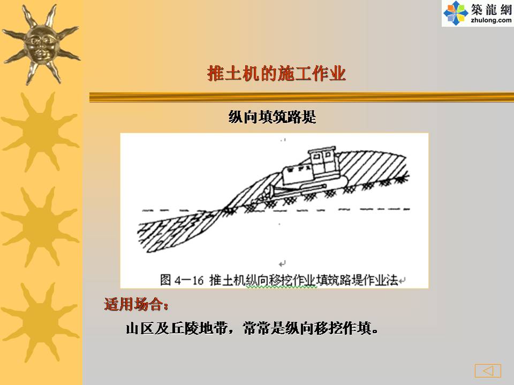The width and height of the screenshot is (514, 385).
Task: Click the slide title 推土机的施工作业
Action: click(277, 73)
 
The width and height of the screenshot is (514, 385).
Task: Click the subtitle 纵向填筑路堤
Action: click(272, 117)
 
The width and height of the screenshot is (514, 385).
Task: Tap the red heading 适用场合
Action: click(136, 304)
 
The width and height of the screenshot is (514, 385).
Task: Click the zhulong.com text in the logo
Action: click(491, 20)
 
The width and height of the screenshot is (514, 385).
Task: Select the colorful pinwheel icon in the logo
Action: click(455, 13)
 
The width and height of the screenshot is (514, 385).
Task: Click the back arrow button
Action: click(488, 371)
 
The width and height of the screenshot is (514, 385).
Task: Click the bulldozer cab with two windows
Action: click(322, 163)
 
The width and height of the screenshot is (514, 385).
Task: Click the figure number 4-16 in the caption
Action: click(189, 280)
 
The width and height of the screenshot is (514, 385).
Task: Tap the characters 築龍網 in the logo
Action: click(491, 9)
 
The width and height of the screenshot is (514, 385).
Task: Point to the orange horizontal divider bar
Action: click(301, 97)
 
